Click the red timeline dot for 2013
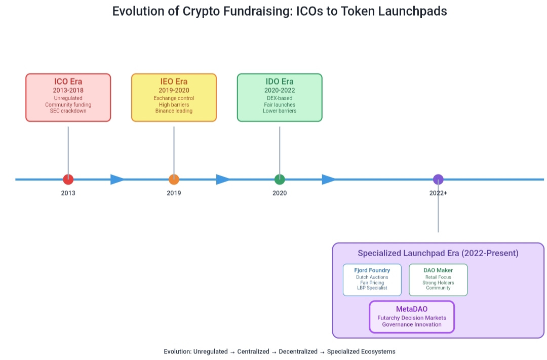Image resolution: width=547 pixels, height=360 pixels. point(68,179)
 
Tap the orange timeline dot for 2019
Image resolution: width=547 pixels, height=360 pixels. point(174,179)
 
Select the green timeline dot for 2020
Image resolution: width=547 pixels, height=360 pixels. point(280,179)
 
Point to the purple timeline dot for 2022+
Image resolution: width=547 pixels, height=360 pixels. point(438,179)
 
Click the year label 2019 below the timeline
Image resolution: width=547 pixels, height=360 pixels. point(174,193)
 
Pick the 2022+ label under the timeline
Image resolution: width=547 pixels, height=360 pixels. point(438,193)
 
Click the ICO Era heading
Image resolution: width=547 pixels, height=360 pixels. point(68,82)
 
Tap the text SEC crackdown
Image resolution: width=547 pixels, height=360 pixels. point(68,111)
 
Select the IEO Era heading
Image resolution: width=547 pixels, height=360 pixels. point(174,82)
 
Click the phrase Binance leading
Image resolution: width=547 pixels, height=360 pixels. point(174,111)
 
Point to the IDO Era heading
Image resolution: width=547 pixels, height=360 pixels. point(280,82)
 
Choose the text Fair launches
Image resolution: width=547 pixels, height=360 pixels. point(280,104)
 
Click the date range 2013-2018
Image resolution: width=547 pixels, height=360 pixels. point(68,90)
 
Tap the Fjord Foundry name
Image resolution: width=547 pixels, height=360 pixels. point(372,270)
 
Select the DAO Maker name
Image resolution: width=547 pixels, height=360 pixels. point(438,270)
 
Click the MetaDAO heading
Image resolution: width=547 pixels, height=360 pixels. point(412,309)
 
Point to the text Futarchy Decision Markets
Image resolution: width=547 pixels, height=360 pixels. point(412,318)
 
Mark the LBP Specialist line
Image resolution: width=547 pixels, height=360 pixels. point(372,288)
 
